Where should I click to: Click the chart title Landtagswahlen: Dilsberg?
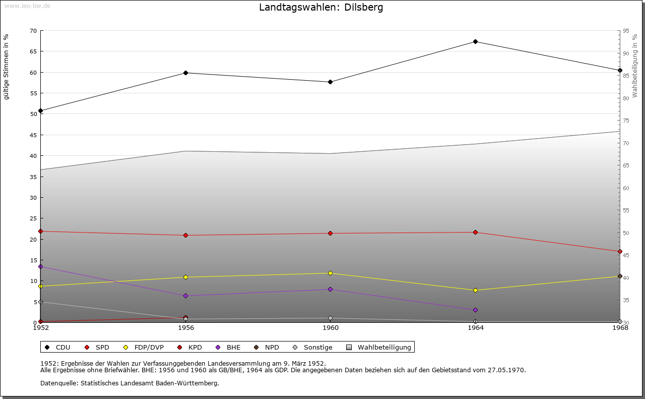321,8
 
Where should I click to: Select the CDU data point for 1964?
475,41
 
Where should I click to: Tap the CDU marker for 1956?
185,73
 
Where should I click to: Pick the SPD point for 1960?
330,233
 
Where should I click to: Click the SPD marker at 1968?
620,251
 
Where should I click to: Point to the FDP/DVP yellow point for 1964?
475,290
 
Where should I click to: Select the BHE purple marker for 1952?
40,266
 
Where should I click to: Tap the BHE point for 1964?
475,310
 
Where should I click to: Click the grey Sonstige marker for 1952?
40,302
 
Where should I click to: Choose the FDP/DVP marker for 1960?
330,273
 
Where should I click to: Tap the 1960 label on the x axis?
331,328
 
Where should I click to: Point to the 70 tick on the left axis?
33,31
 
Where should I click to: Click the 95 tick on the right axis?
626,31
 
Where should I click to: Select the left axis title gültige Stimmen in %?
6,67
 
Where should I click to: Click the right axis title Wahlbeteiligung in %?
635,66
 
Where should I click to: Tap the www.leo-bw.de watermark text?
27,6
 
